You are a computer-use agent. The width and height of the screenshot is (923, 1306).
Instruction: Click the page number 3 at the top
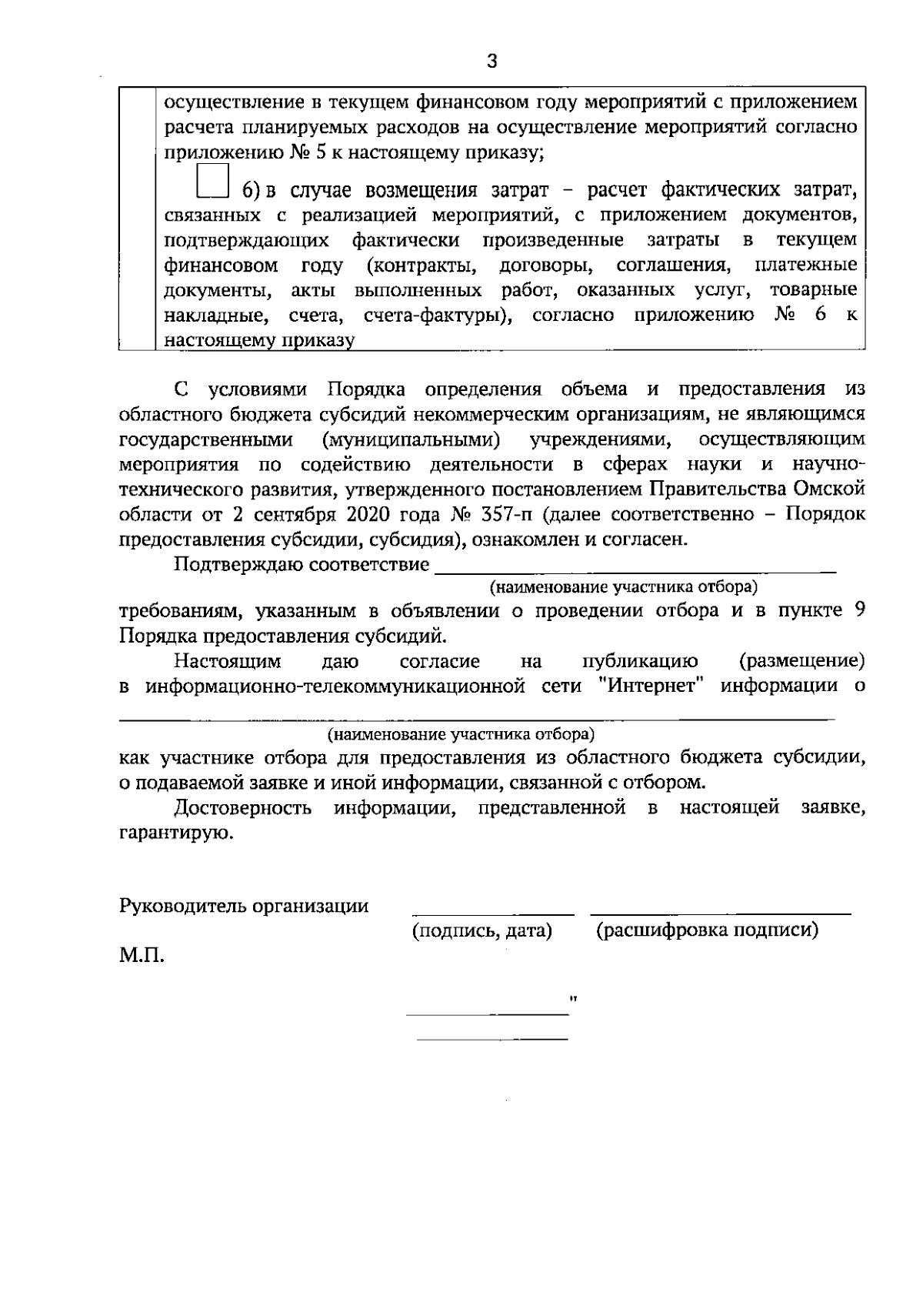[492, 62]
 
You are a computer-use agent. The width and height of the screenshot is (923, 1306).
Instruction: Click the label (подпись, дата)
[482, 930]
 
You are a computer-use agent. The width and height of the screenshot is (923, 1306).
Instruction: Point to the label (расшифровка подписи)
[707, 930]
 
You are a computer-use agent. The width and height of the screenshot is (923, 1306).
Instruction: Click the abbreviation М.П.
[142, 956]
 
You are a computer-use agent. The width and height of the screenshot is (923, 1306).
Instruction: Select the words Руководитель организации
[244, 906]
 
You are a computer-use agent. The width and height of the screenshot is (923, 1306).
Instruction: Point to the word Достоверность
[242, 807]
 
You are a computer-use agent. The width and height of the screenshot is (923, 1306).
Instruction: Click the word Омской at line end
[832, 489]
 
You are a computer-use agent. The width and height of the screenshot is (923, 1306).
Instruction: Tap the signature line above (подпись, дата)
[493, 914]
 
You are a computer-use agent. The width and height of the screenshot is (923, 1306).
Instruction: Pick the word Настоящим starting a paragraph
[227, 660]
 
